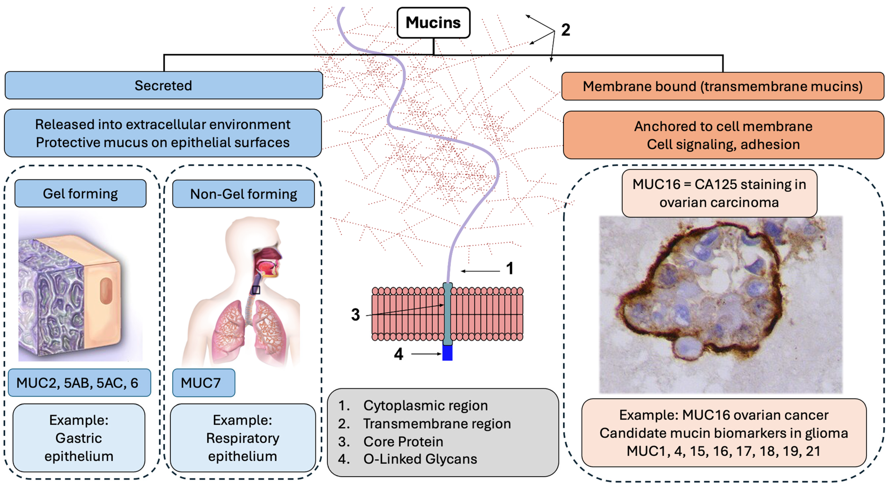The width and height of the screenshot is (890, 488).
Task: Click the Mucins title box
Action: (433, 23)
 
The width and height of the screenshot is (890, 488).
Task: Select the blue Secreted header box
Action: (163, 85)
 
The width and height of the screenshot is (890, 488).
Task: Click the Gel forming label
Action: (80, 194)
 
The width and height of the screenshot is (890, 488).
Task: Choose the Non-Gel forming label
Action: (243, 194)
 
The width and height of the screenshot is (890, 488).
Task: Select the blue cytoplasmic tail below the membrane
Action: (447, 353)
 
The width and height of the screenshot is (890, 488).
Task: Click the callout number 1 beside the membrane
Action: (510, 268)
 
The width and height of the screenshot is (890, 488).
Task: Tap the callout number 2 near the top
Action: (566, 30)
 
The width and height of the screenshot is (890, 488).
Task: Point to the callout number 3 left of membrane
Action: (356, 315)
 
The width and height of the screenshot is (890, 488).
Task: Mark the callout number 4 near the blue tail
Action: (399, 354)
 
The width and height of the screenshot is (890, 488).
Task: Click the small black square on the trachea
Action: (256, 290)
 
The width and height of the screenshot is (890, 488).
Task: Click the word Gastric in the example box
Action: (79, 438)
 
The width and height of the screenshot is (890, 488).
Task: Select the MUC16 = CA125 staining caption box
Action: (719, 193)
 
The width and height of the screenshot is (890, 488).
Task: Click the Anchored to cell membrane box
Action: (723, 135)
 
